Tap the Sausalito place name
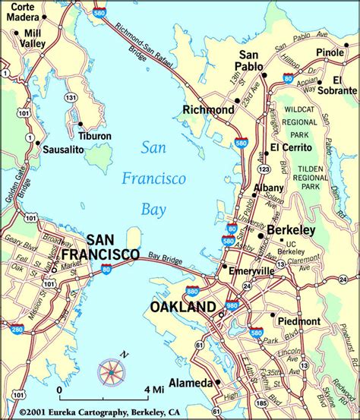(x=63, y=150)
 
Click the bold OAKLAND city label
(x=182, y=307)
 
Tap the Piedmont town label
(x=299, y=321)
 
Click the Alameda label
(x=190, y=383)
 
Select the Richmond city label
(x=208, y=110)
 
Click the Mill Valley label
(x=33, y=39)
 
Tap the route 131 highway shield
(x=70, y=97)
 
